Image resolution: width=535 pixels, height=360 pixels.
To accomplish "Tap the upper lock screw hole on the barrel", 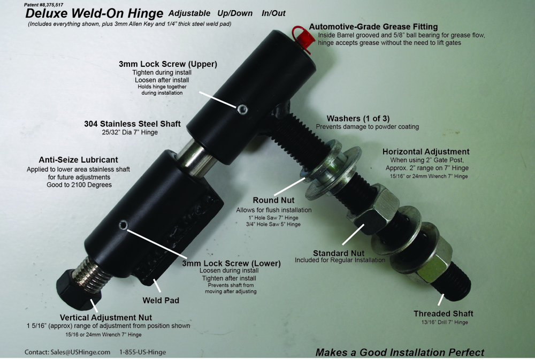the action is tap(242, 110).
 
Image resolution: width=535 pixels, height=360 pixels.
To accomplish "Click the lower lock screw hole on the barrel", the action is tap(124, 225).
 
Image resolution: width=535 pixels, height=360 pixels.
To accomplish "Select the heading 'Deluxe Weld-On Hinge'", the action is tap(94, 13).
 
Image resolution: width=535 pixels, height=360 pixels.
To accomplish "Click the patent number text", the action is tap(44, 5).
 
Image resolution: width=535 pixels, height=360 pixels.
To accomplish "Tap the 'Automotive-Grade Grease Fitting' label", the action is tap(373, 27).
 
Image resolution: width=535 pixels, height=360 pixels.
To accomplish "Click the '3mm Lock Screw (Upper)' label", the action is tap(168, 64).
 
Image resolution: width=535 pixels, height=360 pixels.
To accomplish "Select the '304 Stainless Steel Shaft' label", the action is tap(132, 124).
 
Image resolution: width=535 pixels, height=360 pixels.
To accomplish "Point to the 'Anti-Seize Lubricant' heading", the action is tap(79, 160).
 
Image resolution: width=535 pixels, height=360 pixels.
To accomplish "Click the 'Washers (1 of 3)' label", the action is tap(358, 118).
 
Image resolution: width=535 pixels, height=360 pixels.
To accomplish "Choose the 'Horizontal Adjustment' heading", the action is tap(426, 151).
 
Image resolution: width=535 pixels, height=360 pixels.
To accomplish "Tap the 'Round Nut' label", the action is tap(273, 200).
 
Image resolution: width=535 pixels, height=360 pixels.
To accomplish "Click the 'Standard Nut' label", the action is tap(339, 253).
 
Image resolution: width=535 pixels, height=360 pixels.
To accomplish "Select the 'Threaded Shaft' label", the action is tap(444, 313).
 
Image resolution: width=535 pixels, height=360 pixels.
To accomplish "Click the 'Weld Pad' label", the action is tap(160, 300).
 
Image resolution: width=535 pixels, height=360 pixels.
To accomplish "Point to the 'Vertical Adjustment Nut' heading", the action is tap(106, 317).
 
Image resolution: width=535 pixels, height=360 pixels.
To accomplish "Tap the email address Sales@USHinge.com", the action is tap(81, 352).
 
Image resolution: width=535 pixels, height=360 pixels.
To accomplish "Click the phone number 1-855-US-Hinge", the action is tap(143, 352).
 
